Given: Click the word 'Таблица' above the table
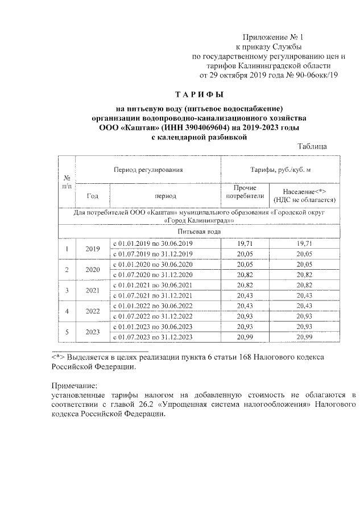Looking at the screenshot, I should pos(312,147).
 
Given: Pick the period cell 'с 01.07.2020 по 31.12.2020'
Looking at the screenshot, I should pos(153,274).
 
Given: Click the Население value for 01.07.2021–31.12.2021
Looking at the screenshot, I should pos(304,295).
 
